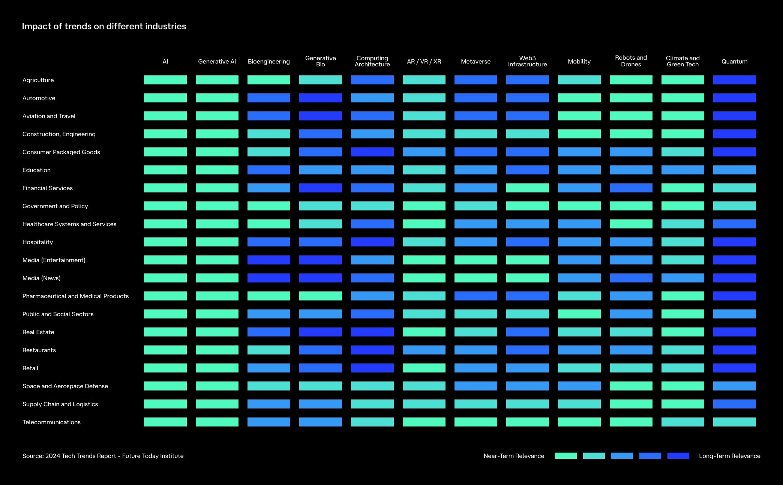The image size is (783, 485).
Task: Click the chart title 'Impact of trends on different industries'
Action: click(104, 26)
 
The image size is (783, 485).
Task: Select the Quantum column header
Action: click(734, 62)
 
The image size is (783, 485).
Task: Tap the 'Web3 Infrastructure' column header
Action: click(527, 61)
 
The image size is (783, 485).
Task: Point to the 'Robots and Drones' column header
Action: click(631, 61)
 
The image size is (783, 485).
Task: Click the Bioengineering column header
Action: click(268, 62)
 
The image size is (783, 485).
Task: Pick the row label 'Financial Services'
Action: click(48, 188)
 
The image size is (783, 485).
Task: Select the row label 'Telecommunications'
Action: click(51, 422)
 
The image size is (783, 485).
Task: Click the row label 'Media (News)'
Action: click(41, 278)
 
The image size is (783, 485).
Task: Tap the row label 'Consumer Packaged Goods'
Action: click(61, 152)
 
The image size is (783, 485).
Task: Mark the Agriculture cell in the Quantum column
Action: click(734, 80)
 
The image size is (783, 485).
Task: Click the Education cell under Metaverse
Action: click(475, 170)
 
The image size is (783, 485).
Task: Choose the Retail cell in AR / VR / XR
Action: click(424, 368)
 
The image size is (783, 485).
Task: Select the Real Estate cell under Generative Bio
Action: click(320, 332)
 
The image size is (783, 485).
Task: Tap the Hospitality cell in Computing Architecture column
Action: click(372, 242)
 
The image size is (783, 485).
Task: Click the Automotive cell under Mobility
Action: click(579, 98)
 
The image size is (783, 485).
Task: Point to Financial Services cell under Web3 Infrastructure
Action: click(527, 188)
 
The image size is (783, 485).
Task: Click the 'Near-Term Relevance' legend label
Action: click(514, 456)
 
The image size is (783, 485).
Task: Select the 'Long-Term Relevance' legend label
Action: click(729, 456)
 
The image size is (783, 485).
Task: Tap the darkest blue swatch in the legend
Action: click(678, 456)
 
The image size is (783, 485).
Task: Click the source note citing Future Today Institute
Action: click(103, 456)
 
